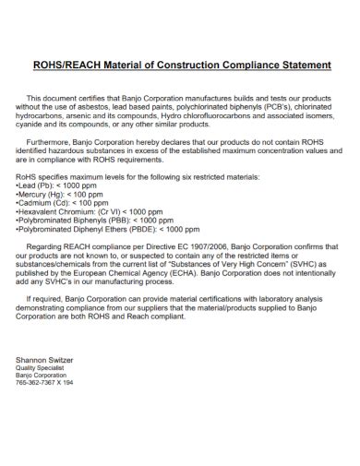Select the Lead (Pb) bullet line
point(59,185)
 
